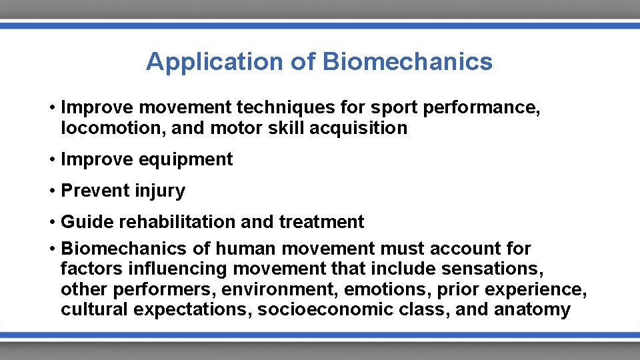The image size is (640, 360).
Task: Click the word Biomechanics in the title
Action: tap(407, 62)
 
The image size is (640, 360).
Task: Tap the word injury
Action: tap(160, 191)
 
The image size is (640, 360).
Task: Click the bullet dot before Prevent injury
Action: tap(51, 191)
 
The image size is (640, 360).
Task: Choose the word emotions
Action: tap(387, 290)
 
